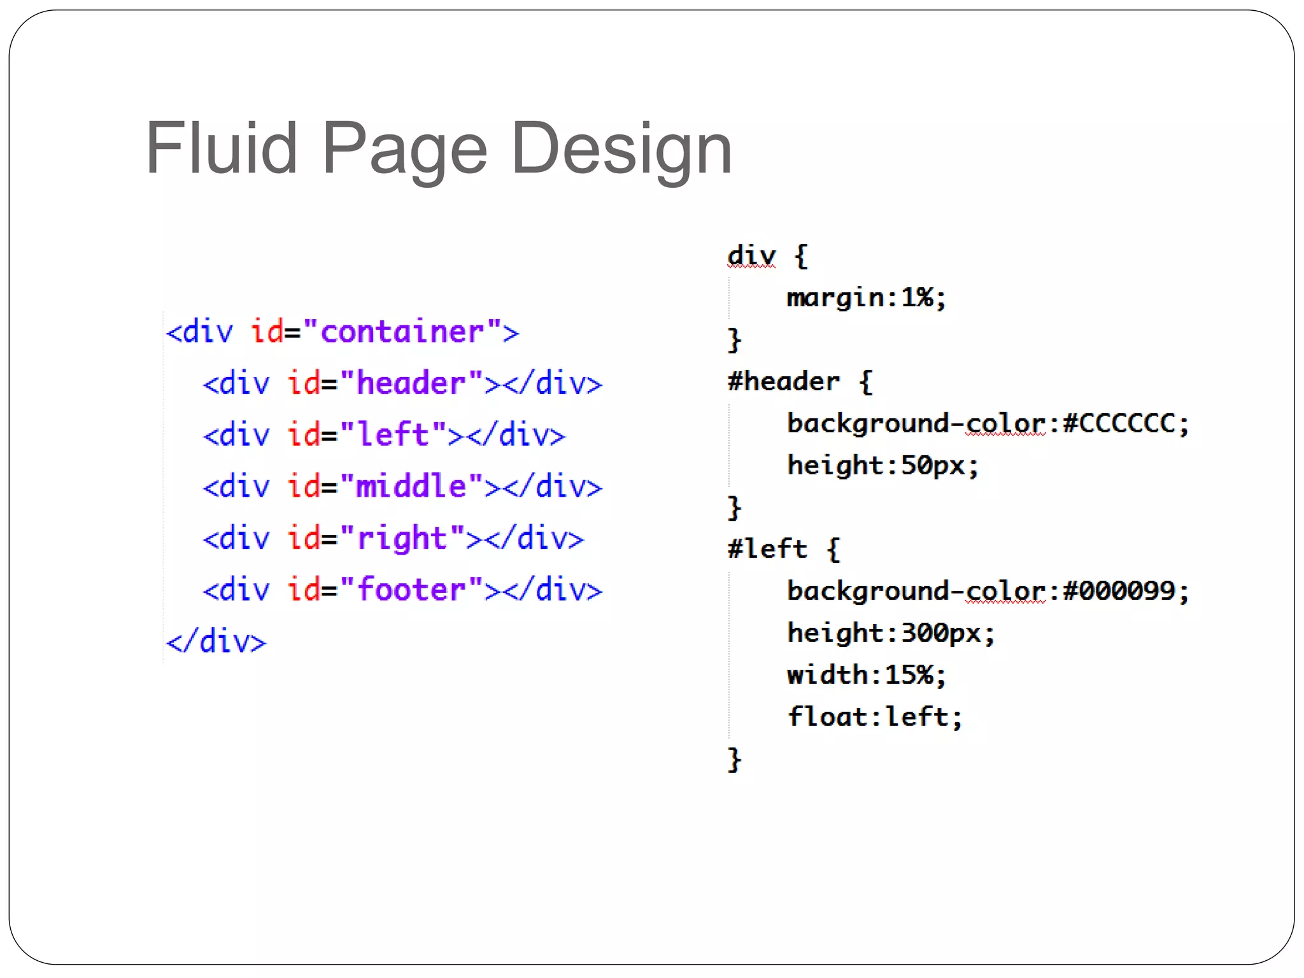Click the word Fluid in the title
221,148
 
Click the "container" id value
402,332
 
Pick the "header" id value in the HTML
411,383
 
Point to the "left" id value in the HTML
393,435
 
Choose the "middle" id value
411,486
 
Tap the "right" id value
402,538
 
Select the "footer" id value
411,590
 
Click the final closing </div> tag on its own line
216,641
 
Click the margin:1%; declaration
867,297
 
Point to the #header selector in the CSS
784,381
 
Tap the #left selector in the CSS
767,549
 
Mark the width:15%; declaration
867,675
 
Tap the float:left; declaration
875,717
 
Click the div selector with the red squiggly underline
752,256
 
